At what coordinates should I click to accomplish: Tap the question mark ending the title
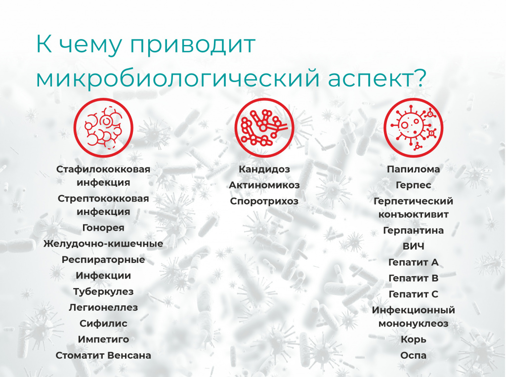pos(420,78)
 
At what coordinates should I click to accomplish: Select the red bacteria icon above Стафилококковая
pos(103,128)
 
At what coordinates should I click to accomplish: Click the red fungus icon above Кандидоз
pos(264,128)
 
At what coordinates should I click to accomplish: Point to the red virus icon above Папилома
pos(414,128)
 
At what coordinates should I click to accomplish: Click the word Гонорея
pos(103,228)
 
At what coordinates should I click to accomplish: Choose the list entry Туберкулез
pos(103,292)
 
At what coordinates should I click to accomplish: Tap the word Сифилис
pos(103,324)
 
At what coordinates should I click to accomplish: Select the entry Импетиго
pos(103,339)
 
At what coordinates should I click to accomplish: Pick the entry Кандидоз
pos(264,169)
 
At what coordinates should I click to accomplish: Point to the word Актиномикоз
pos(264,185)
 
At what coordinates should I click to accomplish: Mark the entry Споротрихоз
pos(264,201)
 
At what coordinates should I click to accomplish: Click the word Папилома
pos(414,169)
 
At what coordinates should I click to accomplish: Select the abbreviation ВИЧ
pos(414,246)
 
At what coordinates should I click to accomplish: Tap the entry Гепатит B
pos(414,278)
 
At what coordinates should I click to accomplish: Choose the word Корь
pos(414,339)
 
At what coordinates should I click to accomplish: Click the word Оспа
pos(414,355)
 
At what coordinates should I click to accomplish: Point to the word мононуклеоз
pos(414,324)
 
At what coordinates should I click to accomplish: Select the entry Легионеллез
pos(103,307)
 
